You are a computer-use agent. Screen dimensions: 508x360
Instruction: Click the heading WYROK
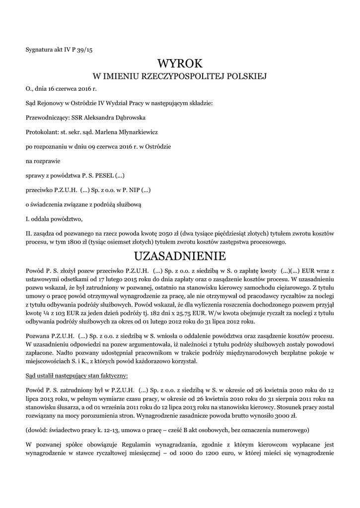180,63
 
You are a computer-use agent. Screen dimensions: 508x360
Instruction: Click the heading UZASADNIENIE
180,256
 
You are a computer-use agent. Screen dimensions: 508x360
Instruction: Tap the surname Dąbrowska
131,118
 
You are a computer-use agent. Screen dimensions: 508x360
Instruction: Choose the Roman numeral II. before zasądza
29,233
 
